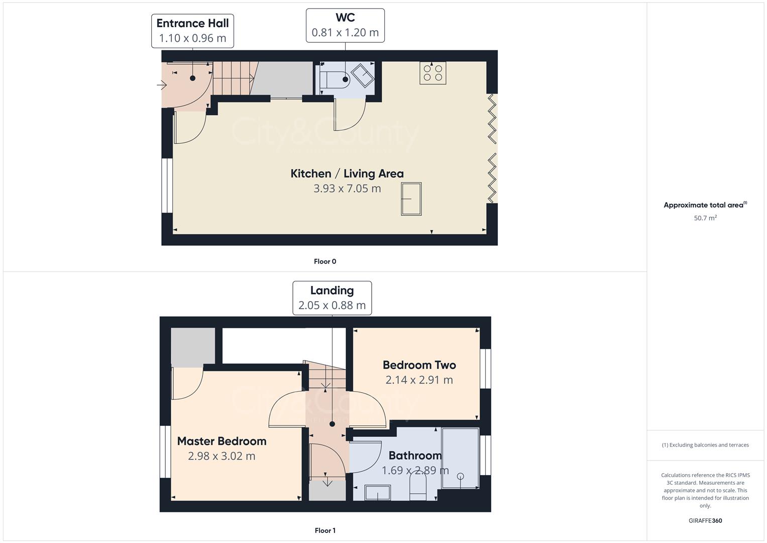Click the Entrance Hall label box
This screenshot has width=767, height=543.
click(192, 31)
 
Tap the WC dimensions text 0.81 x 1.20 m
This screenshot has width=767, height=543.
click(345, 33)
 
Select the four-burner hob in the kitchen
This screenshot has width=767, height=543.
click(432, 73)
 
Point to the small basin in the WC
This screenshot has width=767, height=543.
click(362, 76)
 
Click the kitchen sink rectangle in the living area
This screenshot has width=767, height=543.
click(411, 199)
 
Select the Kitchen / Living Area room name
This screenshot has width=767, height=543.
click(347, 173)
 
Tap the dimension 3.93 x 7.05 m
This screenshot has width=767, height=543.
click(347, 189)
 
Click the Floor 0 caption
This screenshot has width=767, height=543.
click(325, 261)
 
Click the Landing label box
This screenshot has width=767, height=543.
click(332, 298)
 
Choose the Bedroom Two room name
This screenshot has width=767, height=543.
click(419, 365)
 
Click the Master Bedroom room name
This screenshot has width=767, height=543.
click(222, 441)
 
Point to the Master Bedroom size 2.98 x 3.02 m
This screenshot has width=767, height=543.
click(222, 456)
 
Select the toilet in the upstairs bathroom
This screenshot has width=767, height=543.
click(418, 487)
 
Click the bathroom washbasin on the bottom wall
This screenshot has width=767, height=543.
click(378, 493)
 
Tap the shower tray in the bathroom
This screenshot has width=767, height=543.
click(460, 458)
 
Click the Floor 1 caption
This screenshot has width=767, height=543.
click(325, 530)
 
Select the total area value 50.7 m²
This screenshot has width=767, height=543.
click(705, 218)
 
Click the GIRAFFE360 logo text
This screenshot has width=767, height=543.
click(705, 520)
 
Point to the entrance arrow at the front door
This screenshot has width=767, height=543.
click(162, 85)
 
